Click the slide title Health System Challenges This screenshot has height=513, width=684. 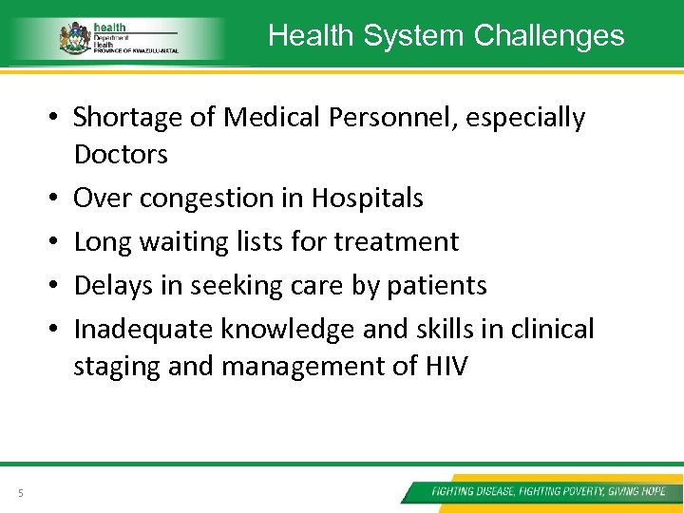click(x=446, y=35)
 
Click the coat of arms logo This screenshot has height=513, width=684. click(x=73, y=38)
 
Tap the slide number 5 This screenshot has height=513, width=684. click(x=20, y=492)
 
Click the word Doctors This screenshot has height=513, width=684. click(x=121, y=154)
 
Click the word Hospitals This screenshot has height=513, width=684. click(x=367, y=198)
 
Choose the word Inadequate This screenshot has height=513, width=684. click(x=143, y=330)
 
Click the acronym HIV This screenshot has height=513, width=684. click(x=443, y=366)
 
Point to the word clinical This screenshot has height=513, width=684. click(x=551, y=329)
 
